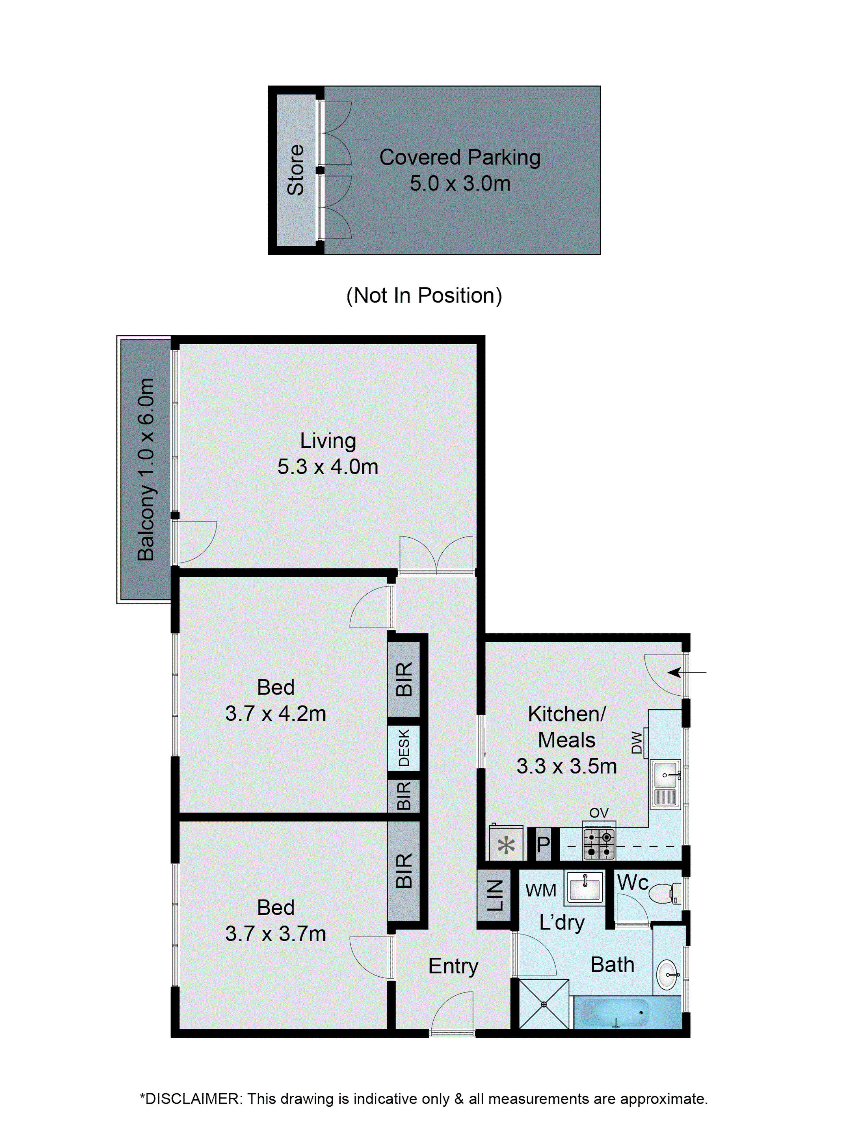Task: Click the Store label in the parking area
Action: click(x=295, y=170)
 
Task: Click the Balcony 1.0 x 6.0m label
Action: click(x=146, y=469)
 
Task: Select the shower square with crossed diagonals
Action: click(x=543, y=1004)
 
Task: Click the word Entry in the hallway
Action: click(x=453, y=966)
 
